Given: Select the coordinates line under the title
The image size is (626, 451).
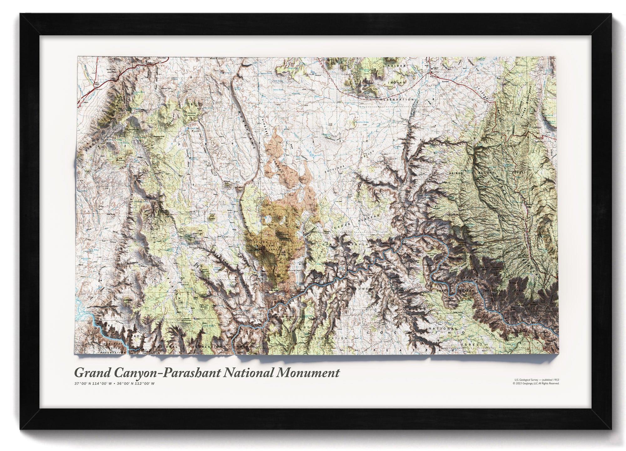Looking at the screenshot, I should [x=114, y=383].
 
